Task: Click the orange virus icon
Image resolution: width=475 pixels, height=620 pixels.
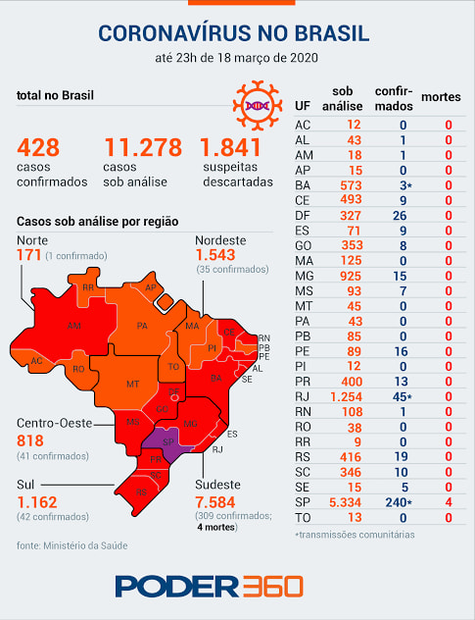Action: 258,106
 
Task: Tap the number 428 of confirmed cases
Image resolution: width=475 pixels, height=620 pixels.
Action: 38,147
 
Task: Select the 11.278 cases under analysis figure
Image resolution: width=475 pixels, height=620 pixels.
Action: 143,147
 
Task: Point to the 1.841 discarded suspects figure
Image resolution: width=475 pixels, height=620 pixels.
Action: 231,147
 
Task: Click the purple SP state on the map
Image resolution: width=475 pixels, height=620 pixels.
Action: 167,442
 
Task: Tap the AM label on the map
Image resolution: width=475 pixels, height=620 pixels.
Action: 73,326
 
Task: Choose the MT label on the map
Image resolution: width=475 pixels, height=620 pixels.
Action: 132,384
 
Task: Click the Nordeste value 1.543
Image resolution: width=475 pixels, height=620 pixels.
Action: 215,255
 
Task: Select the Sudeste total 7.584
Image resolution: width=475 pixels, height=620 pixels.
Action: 215,502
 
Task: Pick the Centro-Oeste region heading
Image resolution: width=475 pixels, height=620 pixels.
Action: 55,424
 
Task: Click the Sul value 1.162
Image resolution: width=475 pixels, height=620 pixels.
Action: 37,502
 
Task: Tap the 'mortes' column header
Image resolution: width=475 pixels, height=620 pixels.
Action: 441,97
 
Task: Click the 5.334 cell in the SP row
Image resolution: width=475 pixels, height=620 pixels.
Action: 345,502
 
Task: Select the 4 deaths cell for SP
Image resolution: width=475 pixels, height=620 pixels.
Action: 449,502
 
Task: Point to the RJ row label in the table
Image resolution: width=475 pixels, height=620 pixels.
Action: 302,396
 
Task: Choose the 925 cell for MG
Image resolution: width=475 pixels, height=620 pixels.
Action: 351,276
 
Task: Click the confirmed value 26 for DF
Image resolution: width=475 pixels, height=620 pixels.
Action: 400,216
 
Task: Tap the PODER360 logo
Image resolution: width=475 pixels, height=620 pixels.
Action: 210,586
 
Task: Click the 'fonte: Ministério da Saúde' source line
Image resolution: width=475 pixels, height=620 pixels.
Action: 71,545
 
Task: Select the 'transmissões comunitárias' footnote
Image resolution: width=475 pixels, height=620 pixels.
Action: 355,535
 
